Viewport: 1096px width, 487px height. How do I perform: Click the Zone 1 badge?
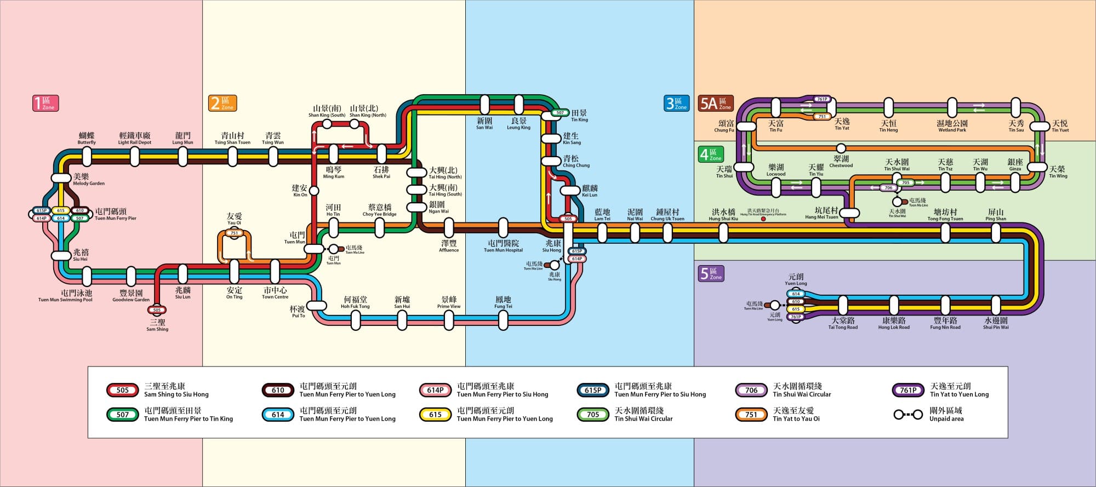(45, 103)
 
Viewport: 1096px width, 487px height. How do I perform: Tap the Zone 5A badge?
(715, 103)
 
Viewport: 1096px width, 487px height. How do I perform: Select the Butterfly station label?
(87, 138)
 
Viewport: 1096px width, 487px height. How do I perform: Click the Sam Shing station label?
(157, 325)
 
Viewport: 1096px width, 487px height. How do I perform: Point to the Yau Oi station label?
(234, 219)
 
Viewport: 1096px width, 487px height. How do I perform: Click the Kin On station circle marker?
(315, 191)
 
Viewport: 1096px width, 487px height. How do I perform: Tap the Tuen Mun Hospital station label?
(503, 246)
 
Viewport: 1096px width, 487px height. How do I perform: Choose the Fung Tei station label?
(503, 302)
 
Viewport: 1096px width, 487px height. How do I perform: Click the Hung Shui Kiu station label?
(723, 214)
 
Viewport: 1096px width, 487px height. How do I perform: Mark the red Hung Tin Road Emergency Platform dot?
(763, 219)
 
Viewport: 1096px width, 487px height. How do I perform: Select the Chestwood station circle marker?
(841, 148)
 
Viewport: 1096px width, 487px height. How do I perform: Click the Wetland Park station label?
(952, 126)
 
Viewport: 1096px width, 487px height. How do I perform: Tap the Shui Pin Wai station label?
(996, 323)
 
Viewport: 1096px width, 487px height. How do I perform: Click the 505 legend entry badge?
(123, 390)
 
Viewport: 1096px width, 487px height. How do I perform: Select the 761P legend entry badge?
(908, 390)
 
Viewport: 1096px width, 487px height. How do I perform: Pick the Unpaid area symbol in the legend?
(908, 415)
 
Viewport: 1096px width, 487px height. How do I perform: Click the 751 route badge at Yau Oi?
(235, 233)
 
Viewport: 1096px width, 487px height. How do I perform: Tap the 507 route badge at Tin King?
(560, 113)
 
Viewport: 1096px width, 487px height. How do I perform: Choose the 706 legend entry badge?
(751, 390)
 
